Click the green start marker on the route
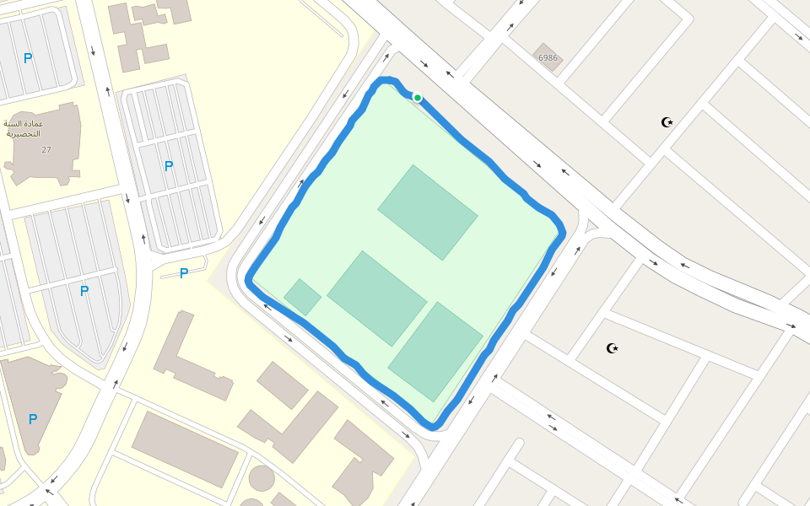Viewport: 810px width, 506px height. point(417,98)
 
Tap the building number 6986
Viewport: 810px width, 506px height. point(548,58)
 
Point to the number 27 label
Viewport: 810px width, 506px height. point(46,149)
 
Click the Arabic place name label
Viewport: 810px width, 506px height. point(24,128)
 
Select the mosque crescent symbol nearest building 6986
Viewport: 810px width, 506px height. point(667,122)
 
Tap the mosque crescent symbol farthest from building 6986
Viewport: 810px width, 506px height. point(613,347)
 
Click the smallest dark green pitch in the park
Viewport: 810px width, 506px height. point(302,297)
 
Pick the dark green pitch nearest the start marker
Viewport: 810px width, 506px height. point(428,212)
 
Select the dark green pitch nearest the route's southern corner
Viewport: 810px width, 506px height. point(435,352)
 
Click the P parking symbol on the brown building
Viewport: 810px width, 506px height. point(33,419)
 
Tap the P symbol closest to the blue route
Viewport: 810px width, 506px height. point(184,273)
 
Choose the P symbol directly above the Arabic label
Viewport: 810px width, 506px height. point(28,58)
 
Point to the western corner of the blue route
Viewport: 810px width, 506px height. point(250,278)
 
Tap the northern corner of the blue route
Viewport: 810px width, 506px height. point(385,81)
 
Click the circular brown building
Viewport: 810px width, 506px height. point(262,478)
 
